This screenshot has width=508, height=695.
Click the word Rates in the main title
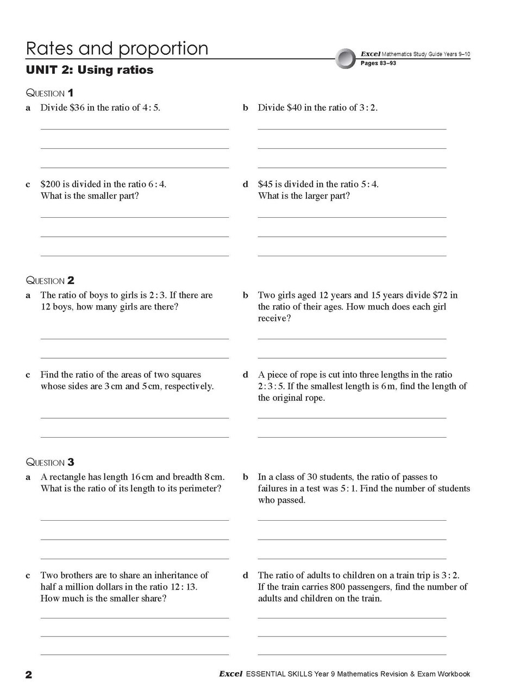click(x=50, y=49)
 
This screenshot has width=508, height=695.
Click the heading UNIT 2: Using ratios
click(x=90, y=70)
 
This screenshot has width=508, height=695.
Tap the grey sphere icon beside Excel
click(x=346, y=59)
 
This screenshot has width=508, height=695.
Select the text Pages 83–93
click(x=378, y=64)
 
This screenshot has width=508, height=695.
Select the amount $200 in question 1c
click(x=51, y=184)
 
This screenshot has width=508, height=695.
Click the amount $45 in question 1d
click(x=266, y=184)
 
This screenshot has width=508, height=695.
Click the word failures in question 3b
click(x=274, y=489)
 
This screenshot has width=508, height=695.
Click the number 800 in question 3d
click(x=338, y=587)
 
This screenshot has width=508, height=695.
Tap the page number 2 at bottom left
click(x=29, y=675)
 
